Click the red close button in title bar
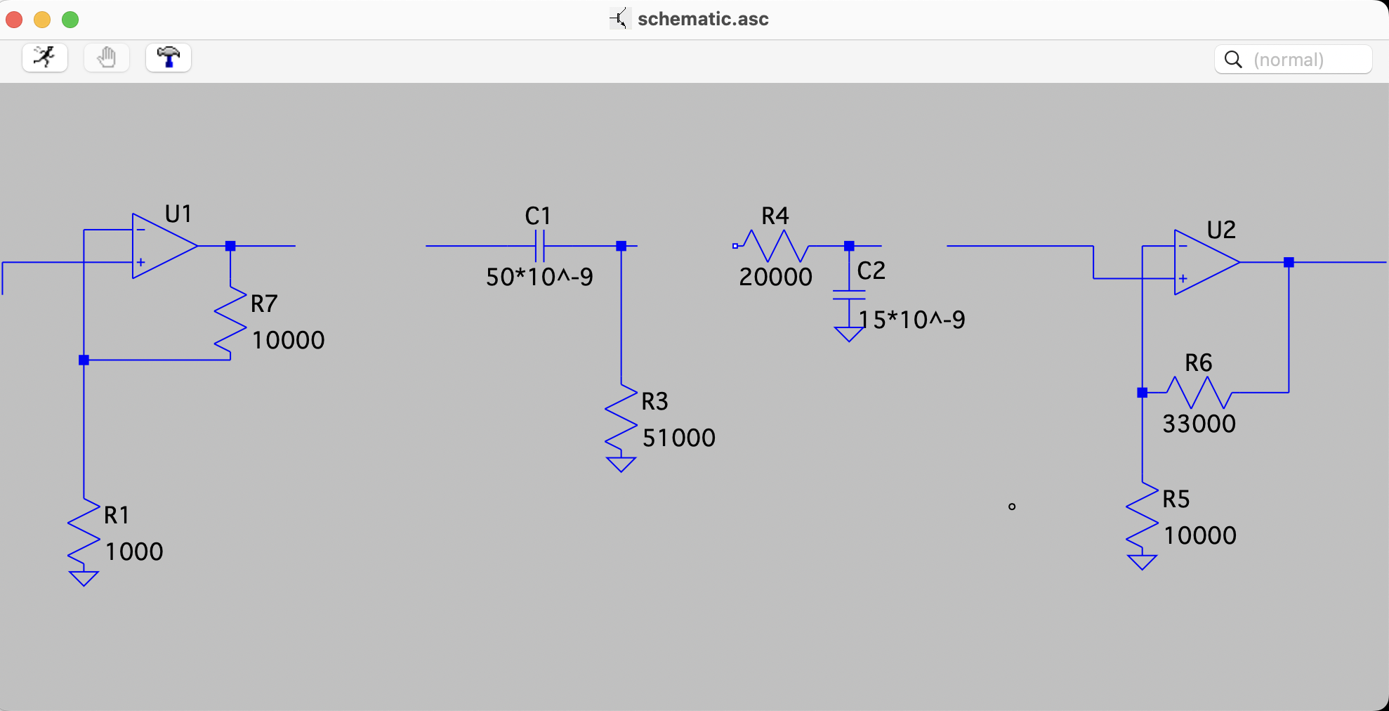(14, 20)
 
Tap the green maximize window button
(70, 20)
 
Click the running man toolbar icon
(45, 58)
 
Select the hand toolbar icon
(107, 58)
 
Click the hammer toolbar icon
(169, 58)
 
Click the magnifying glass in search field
(1233, 60)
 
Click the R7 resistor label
(264, 304)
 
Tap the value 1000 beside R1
(134, 552)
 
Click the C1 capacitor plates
(539, 246)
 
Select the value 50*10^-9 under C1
(539, 277)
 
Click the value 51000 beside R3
(678, 438)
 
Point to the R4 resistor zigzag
(775, 246)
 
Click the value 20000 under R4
(775, 277)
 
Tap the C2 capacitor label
(871, 270)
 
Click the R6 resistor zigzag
(1198, 392)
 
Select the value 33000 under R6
(1199, 424)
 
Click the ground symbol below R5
(1142, 562)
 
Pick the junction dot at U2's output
(1289, 262)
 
